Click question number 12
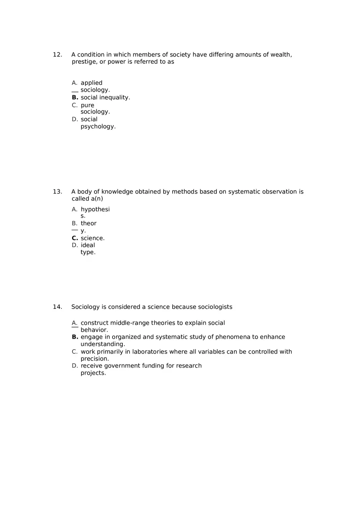click(x=57, y=55)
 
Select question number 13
click(x=57, y=192)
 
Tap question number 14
click(x=57, y=307)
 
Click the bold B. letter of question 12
click(x=75, y=98)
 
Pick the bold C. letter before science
click(x=75, y=238)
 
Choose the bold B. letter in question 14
click(x=75, y=337)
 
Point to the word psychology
click(x=98, y=127)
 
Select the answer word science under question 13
click(x=92, y=238)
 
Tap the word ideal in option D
click(x=88, y=245)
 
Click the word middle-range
click(x=130, y=323)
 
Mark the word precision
click(x=94, y=359)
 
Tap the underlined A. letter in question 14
click(x=74, y=323)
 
